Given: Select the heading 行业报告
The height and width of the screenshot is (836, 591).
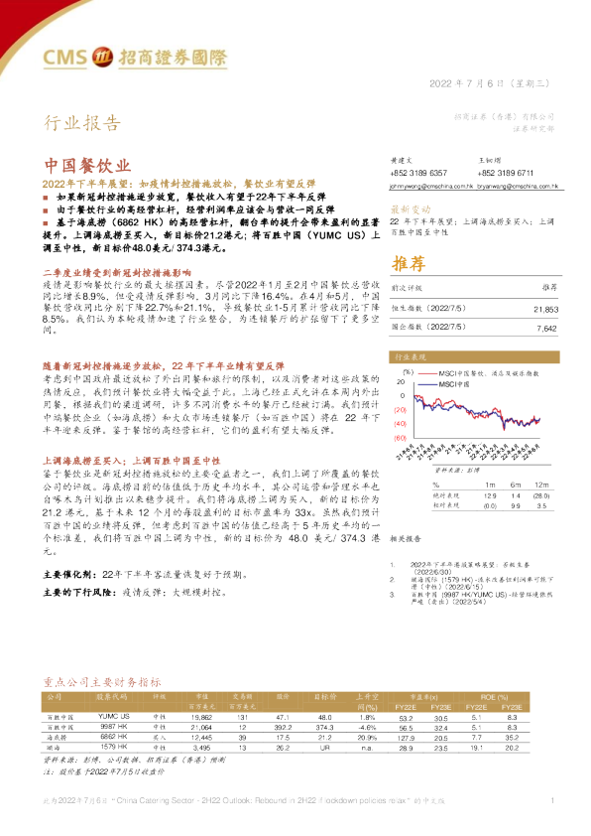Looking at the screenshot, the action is tap(83, 123).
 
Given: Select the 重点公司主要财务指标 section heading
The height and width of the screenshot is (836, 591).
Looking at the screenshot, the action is tap(102, 683).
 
